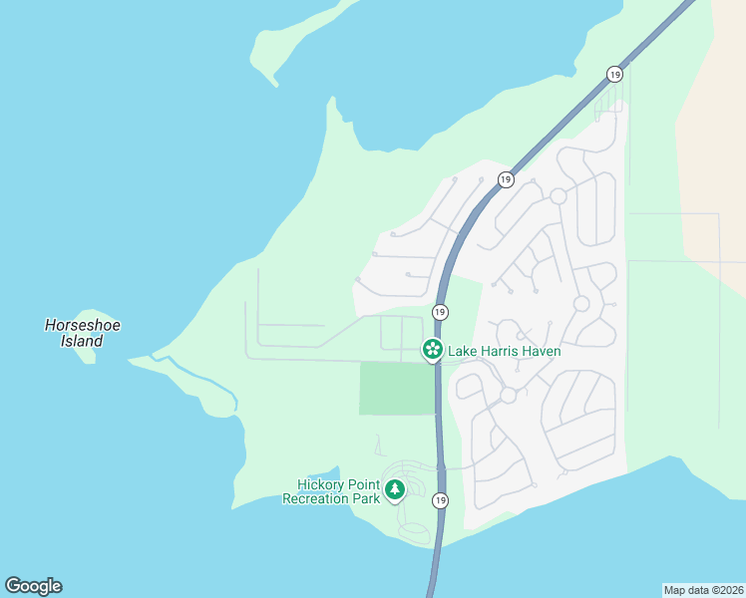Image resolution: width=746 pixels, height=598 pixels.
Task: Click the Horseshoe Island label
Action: [x=75, y=333]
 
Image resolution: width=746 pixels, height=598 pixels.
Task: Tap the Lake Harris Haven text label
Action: [x=504, y=351]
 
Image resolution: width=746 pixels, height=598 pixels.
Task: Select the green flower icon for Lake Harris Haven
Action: [x=433, y=350]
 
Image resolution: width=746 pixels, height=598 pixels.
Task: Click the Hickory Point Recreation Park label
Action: [x=331, y=491]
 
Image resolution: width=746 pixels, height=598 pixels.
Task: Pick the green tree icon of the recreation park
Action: [x=395, y=490]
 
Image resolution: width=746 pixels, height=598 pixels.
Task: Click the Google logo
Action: [x=33, y=585]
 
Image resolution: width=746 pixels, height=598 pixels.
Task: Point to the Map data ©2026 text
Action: [x=704, y=590]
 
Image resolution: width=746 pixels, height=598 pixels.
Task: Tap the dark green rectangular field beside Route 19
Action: [x=397, y=389]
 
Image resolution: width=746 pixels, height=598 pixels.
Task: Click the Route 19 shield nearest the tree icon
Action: [x=440, y=500]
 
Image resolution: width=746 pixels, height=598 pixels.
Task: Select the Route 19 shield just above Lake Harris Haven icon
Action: [x=440, y=313]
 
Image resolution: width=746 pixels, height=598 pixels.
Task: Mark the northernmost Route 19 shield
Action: [x=615, y=74]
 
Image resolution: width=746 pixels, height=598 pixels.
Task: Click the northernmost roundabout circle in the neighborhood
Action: [x=559, y=196]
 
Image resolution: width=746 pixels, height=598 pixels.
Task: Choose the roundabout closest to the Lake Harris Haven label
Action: [x=508, y=395]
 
